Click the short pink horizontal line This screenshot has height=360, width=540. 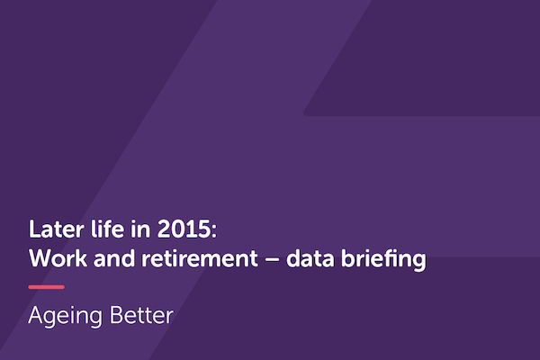click(46, 287)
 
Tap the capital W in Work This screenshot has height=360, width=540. click(39, 259)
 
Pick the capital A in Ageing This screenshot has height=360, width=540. click(36, 316)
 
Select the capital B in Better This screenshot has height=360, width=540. click(116, 316)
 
